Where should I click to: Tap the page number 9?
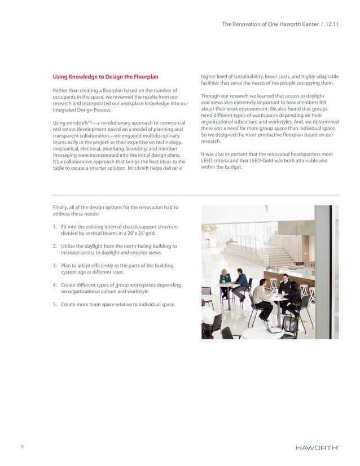[x=22, y=447]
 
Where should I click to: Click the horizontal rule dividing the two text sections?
[x=195, y=195]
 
